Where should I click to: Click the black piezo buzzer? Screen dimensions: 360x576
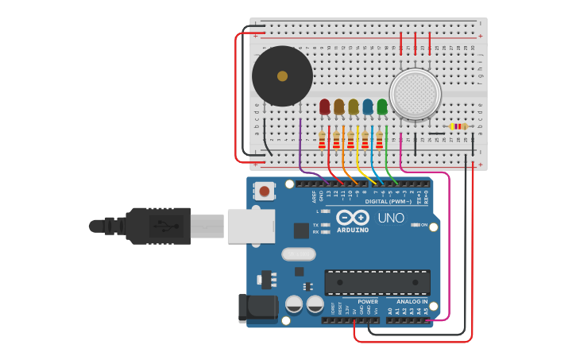(282, 76)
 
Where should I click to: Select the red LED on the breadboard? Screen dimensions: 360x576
(324, 106)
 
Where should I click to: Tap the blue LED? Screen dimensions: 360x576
(368, 106)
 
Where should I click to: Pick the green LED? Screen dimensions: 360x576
(382, 106)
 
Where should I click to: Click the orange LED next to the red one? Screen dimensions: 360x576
(339, 106)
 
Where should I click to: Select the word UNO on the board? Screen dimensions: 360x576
(390, 218)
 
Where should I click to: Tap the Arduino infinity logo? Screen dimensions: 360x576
(352, 217)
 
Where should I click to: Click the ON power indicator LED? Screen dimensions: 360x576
(415, 225)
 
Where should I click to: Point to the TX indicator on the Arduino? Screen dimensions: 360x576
(324, 225)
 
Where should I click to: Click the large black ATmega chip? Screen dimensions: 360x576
(377, 282)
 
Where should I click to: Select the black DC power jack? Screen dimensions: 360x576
(257, 309)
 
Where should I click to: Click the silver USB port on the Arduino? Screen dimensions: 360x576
(250, 226)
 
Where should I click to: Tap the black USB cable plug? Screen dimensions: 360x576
(159, 226)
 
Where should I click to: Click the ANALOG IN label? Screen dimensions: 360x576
(407, 302)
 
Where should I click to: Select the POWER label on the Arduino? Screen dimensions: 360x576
(367, 302)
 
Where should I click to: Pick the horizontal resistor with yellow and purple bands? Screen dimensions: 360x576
(458, 126)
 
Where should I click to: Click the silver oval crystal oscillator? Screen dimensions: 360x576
(298, 254)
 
